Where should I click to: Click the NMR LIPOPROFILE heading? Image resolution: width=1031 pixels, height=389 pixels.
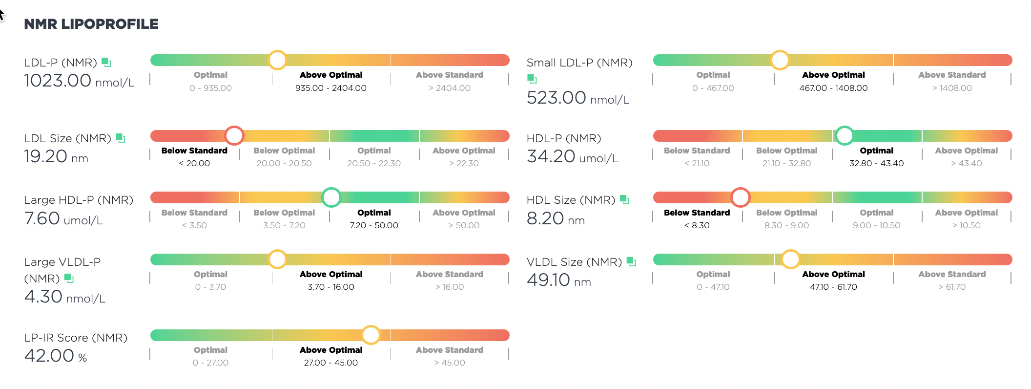click(x=91, y=24)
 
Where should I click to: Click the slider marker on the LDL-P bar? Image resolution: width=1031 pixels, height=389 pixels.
click(x=277, y=60)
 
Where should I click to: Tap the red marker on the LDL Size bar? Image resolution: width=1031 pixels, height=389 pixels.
click(x=234, y=136)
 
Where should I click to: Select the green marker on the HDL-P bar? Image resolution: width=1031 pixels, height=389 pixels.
click(x=844, y=136)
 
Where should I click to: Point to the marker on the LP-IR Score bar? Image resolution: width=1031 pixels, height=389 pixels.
click(x=371, y=335)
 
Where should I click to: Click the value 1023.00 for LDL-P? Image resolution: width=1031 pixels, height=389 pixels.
click(x=58, y=81)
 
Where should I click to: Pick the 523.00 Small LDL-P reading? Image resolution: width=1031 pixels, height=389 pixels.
click(x=557, y=98)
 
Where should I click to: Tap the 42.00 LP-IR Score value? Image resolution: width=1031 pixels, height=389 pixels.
click(x=49, y=356)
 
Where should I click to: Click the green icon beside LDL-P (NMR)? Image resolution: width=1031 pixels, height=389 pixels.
click(x=106, y=62)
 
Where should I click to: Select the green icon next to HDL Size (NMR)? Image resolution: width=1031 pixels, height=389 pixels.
click(x=624, y=199)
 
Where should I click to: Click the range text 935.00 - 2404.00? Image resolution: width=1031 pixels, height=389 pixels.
click(x=331, y=88)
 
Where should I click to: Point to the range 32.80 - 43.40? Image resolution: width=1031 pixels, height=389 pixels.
click(x=877, y=163)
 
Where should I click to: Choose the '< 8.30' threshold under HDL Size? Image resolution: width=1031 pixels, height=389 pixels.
click(x=697, y=225)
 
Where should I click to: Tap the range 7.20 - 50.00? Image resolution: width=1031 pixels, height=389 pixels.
click(x=374, y=225)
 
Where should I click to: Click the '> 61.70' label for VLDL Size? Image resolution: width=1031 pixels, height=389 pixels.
click(x=952, y=287)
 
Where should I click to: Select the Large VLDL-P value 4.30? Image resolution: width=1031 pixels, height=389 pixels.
click(x=43, y=297)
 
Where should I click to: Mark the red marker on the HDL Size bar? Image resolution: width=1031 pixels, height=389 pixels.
click(x=741, y=197)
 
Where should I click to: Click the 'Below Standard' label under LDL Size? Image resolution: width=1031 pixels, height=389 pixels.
click(x=194, y=151)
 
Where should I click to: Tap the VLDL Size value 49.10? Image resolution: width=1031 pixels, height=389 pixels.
click(x=549, y=280)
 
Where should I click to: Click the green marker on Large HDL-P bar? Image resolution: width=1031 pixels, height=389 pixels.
click(x=331, y=197)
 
